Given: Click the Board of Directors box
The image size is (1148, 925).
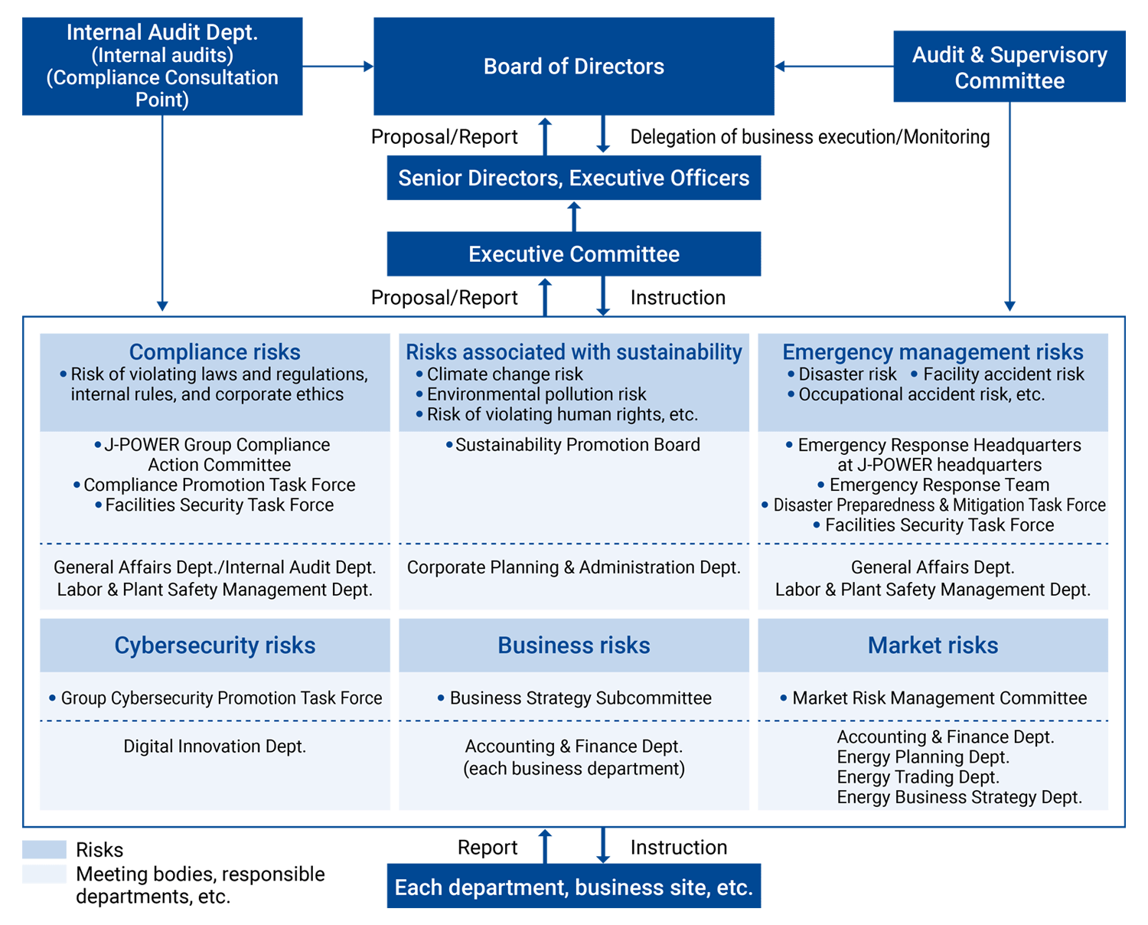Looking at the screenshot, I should (574, 67).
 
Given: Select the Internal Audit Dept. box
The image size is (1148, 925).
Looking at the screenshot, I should (162, 67).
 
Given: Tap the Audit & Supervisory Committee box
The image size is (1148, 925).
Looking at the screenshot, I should (1009, 67).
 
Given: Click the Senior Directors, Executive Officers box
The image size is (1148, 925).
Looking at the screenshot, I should (574, 178).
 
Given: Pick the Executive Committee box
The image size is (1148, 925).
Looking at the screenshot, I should (574, 254).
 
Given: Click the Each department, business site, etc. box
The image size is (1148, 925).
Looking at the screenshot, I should (574, 887).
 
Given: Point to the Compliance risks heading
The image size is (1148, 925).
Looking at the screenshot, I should (214, 352).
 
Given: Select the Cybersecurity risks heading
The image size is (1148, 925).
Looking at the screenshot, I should (214, 646).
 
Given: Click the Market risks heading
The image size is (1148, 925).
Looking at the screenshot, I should (933, 646).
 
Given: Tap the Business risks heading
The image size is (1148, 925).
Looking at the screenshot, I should (574, 646).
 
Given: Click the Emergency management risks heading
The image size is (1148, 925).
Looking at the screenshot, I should (933, 352).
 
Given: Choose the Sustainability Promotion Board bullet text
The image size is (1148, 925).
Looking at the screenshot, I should (577, 445).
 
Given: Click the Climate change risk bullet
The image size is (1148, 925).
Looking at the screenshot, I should (504, 374).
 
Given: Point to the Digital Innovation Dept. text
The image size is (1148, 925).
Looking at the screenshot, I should (214, 747).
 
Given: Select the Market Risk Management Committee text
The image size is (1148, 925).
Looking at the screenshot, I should (939, 698).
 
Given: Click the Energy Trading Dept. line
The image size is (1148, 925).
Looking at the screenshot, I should (918, 777).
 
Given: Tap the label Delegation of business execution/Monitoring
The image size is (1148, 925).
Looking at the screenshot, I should (810, 137).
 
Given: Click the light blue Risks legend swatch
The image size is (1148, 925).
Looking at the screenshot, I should (44, 850).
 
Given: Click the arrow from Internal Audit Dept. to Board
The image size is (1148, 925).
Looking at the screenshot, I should (338, 67).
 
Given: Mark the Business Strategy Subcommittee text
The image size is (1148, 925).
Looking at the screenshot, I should (580, 698).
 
